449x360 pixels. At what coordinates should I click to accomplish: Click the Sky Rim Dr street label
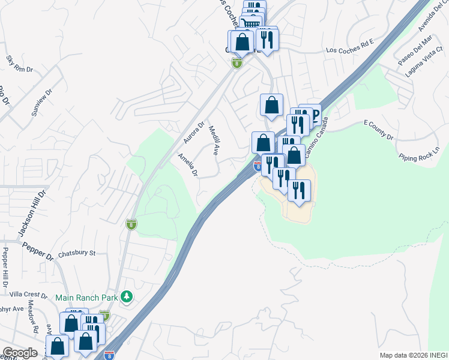(x=19, y=65)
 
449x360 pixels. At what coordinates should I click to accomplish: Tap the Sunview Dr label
(x=42, y=103)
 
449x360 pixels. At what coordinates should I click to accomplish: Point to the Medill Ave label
(x=213, y=140)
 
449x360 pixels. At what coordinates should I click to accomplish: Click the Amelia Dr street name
(x=188, y=165)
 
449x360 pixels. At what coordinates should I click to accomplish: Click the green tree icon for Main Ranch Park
(x=126, y=296)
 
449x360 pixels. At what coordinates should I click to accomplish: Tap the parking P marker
(x=313, y=113)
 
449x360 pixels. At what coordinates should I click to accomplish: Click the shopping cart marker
(x=250, y=23)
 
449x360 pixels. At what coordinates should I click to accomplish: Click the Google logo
(x=20, y=353)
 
